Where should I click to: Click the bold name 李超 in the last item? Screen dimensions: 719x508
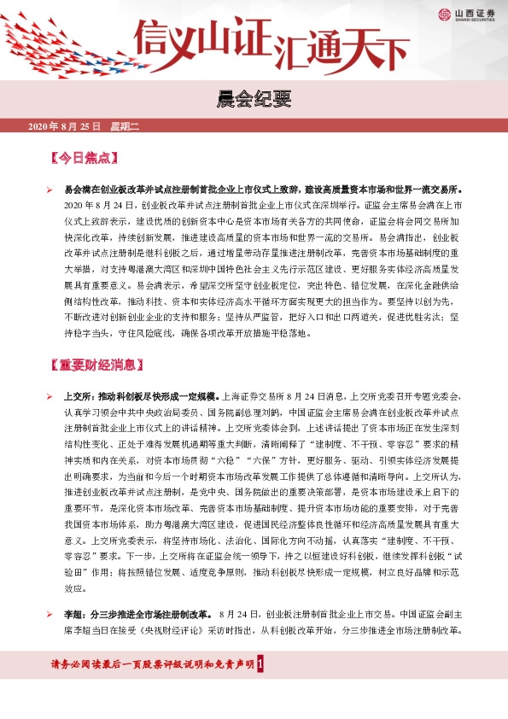[x=73, y=614]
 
